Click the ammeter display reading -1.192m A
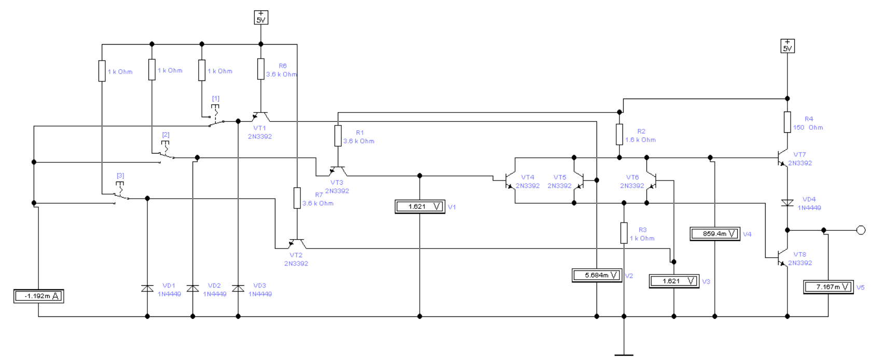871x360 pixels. [x=38, y=296]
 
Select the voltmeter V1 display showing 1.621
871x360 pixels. [x=420, y=207]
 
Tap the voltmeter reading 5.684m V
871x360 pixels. [x=597, y=275]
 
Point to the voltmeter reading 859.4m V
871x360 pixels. [x=715, y=234]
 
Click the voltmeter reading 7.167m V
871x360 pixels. [x=828, y=287]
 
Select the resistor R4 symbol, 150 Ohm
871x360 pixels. [x=787, y=122]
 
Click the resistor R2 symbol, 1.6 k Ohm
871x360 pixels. [x=619, y=134]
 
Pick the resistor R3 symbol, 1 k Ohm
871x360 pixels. [x=624, y=233]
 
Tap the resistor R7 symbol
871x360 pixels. [x=297, y=198]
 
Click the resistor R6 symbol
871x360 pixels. [x=261, y=69]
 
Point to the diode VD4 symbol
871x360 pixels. [x=787, y=203]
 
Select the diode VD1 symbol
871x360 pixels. [x=147, y=288]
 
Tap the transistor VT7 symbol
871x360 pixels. [x=782, y=158]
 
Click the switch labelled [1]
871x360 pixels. [x=216, y=116]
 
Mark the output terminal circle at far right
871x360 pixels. [x=861, y=230]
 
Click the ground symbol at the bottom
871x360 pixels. [x=624, y=355]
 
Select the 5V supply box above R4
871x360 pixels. [x=787, y=46]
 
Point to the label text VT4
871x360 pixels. [x=528, y=177]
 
